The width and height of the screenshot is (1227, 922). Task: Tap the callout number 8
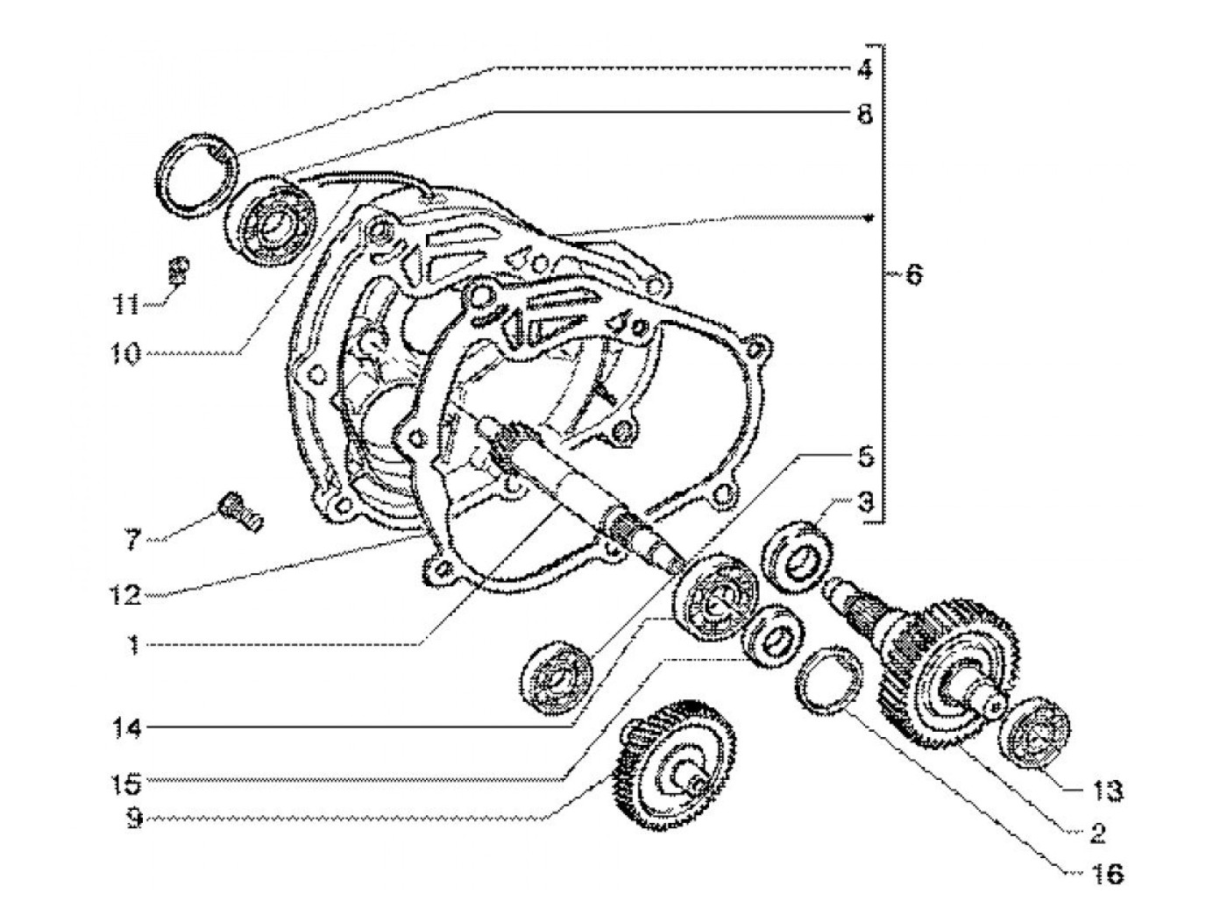[x=864, y=114]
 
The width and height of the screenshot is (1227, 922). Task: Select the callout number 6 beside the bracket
[x=912, y=274]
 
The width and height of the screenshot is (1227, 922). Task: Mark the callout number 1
[x=131, y=646]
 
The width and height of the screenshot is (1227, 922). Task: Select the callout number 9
[x=131, y=821]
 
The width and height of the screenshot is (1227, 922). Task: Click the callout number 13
[x=1108, y=791]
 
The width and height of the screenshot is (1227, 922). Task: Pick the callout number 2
[x=1097, y=832]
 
